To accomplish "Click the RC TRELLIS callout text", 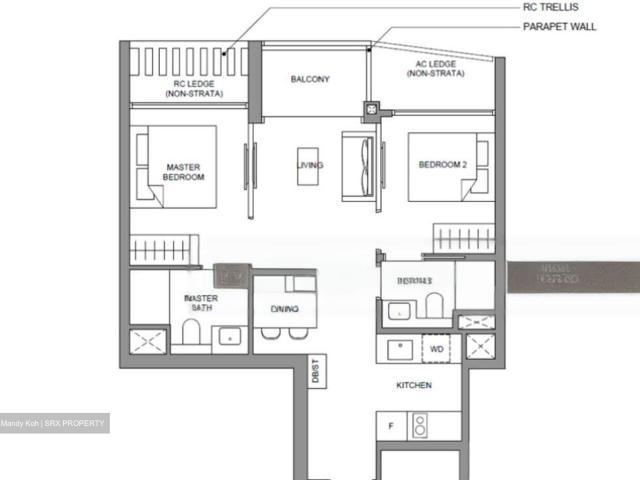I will (551, 7).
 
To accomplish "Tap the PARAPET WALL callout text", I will (559, 27).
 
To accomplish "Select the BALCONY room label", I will (310, 79).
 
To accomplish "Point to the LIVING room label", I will (310, 165).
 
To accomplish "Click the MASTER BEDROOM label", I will (184, 171).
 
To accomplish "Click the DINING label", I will (284, 309).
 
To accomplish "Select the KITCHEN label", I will (414, 385).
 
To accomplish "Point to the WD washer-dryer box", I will (437, 349).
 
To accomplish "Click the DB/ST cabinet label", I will (315, 372).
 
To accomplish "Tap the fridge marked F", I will (391, 425).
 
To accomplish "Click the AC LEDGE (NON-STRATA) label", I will (435, 69).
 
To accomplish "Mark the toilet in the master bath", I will (192, 331).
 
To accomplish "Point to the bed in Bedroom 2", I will (450, 164).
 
